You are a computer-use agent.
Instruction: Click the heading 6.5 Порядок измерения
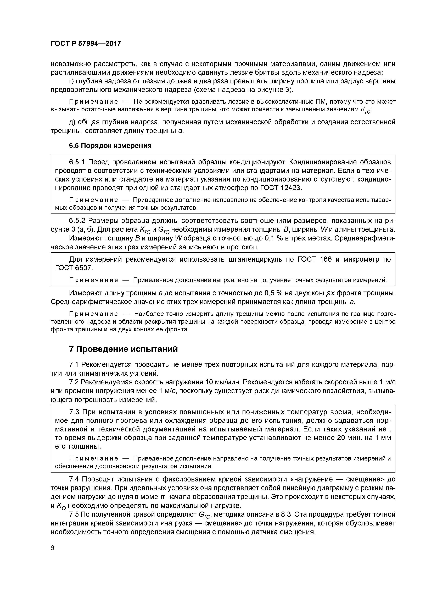[x=110, y=145]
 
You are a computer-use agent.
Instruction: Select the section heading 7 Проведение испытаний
[x=123, y=349]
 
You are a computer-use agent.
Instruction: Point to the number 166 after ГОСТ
[x=326, y=260]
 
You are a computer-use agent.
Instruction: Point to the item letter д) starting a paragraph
[x=73, y=122]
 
